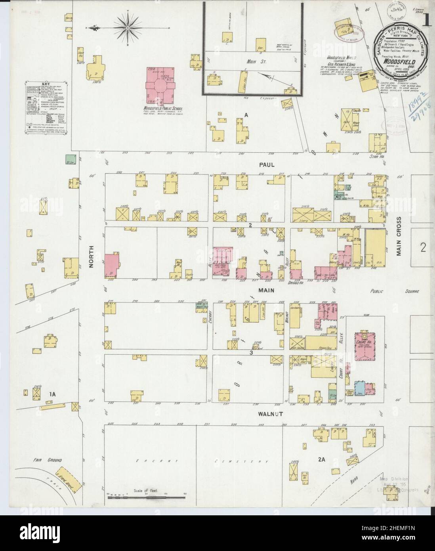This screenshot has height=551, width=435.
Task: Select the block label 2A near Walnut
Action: click(x=321, y=460)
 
